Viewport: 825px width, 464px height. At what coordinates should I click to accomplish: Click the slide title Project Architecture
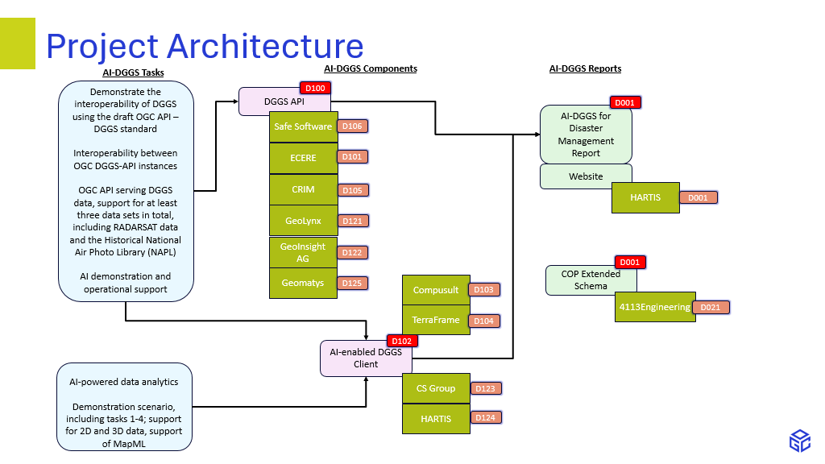tap(205, 47)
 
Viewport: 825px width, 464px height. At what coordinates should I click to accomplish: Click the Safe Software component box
tap(303, 126)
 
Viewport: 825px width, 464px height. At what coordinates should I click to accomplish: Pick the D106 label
tap(352, 126)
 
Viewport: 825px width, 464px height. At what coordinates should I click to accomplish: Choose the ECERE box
tap(303, 158)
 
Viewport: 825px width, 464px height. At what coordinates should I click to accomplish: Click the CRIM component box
tap(303, 189)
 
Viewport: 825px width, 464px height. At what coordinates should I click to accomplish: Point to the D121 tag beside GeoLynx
tap(352, 221)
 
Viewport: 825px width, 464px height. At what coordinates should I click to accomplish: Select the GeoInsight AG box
tap(303, 252)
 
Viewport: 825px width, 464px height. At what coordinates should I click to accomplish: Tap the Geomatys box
tap(303, 283)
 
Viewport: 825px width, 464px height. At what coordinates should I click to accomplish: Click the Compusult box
tap(436, 290)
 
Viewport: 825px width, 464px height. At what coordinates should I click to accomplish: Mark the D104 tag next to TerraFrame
tap(484, 321)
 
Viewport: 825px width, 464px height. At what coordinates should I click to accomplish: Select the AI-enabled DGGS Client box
tap(365, 358)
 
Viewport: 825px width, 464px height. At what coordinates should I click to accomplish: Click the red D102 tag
tap(402, 341)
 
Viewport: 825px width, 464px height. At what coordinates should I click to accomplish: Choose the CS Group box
tap(436, 388)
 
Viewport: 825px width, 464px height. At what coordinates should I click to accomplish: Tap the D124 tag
tap(486, 418)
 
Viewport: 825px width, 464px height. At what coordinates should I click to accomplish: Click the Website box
tap(586, 176)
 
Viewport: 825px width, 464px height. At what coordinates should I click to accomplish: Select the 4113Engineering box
tap(654, 307)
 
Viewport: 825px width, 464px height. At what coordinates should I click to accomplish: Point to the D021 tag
tap(711, 307)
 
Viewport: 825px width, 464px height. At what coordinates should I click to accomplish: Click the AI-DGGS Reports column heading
tap(585, 69)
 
